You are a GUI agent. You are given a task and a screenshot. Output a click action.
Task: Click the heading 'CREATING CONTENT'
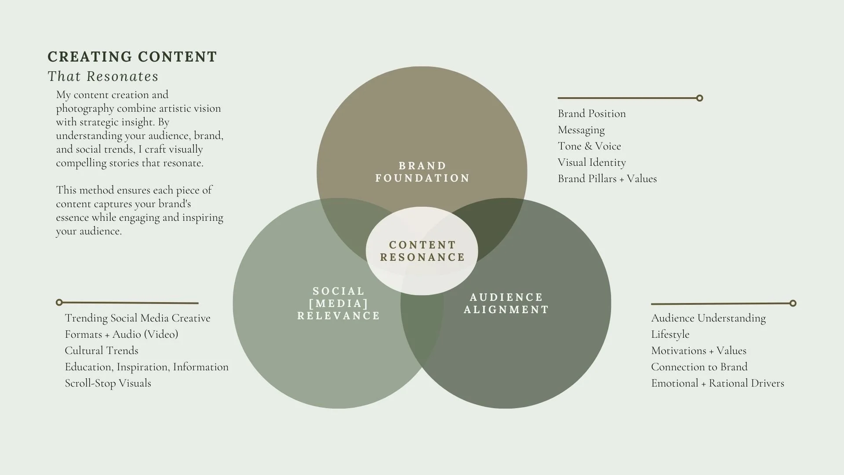132,57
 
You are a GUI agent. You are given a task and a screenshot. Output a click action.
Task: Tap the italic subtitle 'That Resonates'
103,76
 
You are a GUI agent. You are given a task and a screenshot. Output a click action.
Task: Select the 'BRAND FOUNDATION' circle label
422,172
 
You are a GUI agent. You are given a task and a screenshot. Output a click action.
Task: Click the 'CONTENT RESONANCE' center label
422,251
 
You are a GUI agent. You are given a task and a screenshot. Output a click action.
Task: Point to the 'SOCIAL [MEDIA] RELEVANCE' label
338,303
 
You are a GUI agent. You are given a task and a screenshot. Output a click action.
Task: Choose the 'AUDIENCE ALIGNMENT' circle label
506,303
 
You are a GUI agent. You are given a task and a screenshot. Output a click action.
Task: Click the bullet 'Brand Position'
592,113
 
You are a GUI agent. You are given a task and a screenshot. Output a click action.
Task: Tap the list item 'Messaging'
581,130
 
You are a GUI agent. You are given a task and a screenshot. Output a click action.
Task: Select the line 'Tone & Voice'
589,146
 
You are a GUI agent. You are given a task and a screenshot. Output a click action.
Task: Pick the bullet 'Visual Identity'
592,162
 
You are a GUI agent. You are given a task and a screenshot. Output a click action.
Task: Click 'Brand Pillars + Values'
607,179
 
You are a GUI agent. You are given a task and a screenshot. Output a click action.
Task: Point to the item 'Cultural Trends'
102,351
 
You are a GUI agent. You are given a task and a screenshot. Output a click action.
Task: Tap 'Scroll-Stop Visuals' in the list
108,383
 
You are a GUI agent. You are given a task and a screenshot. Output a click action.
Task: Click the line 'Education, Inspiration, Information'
146,367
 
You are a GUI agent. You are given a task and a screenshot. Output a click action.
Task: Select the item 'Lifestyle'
670,334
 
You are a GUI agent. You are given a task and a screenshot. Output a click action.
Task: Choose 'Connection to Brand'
699,367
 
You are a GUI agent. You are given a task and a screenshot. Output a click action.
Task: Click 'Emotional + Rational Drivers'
717,383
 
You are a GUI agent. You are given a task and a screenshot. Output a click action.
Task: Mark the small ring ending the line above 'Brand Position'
700,98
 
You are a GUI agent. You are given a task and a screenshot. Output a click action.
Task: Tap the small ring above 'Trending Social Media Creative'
59,302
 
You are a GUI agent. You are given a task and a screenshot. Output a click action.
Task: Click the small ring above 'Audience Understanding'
793,303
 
